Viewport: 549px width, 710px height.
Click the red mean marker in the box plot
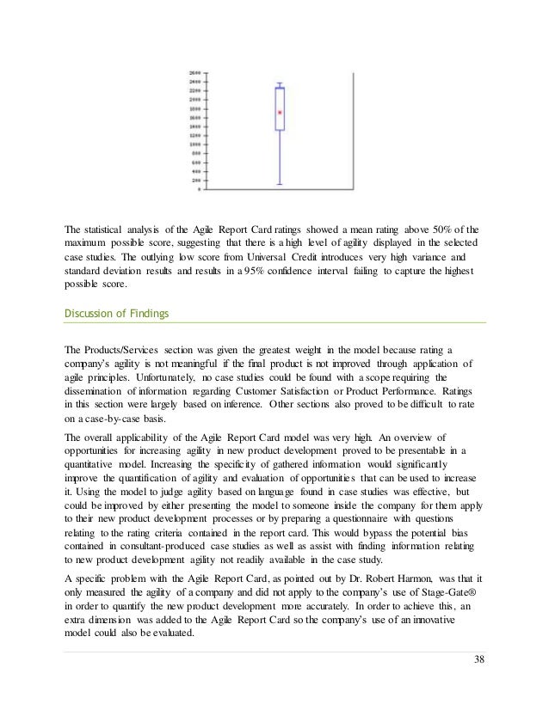tap(279, 113)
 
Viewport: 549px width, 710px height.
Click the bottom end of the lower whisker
tap(279, 185)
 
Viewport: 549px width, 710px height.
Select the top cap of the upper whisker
tap(279, 83)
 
